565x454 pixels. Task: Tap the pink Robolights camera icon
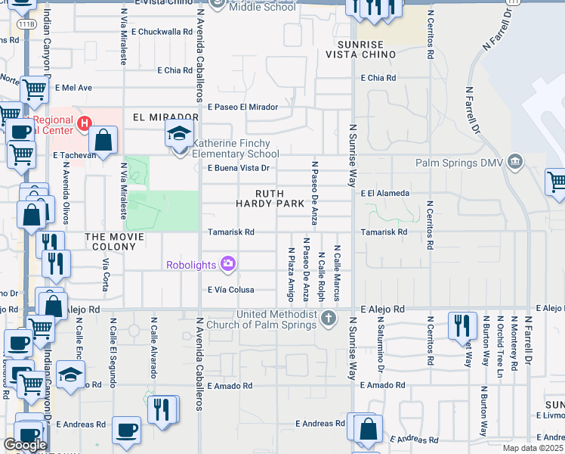coord(227,264)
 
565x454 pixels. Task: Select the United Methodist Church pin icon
coord(327,318)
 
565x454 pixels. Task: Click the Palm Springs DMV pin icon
coord(515,160)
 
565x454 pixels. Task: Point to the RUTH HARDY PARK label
coord(270,198)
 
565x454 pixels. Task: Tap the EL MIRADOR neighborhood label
coord(165,117)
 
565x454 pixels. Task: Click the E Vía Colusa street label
coord(231,290)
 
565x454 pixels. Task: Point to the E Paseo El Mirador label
coord(243,107)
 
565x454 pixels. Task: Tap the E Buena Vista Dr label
coord(239,168)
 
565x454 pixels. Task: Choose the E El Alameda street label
coord(385,194)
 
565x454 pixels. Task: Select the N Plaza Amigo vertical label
coord(291,273)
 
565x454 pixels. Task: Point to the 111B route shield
coord(27,24)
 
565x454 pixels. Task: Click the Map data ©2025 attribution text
coord(533,448)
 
